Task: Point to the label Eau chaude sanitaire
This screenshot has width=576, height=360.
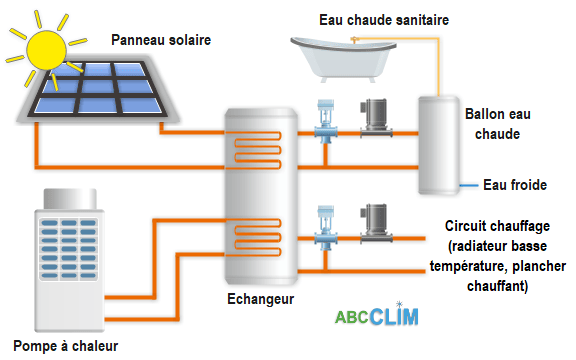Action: tap(370, 19)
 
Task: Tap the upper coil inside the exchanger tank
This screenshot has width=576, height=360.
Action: tap(258, 151)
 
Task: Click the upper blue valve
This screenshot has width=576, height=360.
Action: tap(325, 125)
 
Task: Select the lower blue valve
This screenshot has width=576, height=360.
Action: tap(325, 229)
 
